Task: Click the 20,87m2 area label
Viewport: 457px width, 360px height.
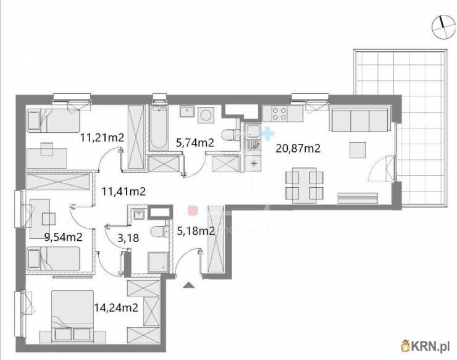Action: click(298, 149)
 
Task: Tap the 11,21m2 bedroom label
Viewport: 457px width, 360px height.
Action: click(103, 137)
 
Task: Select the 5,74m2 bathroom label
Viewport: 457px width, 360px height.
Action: click(195, 143)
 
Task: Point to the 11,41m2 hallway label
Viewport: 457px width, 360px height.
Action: click(124, 191)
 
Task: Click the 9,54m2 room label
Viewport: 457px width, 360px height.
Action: click(64, 237)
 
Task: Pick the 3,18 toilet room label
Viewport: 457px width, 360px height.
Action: click(128, 238)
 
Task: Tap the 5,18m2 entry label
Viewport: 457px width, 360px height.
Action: click(196, 231)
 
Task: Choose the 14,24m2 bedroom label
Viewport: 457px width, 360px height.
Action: click(116, 308)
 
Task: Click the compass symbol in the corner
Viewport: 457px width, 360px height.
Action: click(443, 27)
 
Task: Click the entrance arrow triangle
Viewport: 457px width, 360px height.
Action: click(188, 285)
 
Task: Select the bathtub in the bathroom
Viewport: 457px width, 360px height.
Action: click(159, 128)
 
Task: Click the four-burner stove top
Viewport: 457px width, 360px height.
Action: click(279, 114)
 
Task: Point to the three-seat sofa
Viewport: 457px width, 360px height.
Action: click(360, 119)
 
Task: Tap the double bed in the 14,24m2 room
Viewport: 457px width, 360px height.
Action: click(73, 316)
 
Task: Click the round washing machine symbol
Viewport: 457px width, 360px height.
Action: click(206, 115)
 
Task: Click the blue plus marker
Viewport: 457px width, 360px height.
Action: click(268, 134)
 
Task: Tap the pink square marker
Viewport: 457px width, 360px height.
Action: click(193, 210)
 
